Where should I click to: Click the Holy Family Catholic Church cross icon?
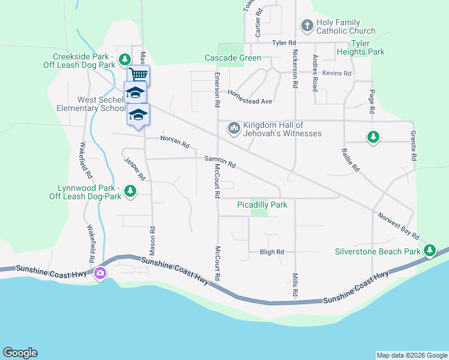pos(307,26)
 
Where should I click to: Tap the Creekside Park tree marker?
pos(124,59)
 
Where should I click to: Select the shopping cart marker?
pos(139,74)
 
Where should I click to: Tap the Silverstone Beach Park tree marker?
pos(430,251)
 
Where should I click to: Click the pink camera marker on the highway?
pos(100,274)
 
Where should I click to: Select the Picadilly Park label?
pos(262,205)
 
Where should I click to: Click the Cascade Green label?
pos(233,58)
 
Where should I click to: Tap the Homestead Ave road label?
pos(250,93)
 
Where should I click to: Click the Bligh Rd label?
pos(272,252)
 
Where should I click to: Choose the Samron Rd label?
pos(220,161)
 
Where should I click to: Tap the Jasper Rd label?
pos(135,169)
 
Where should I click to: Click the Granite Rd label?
pos(413,146)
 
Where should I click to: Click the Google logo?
pos(20,353)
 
